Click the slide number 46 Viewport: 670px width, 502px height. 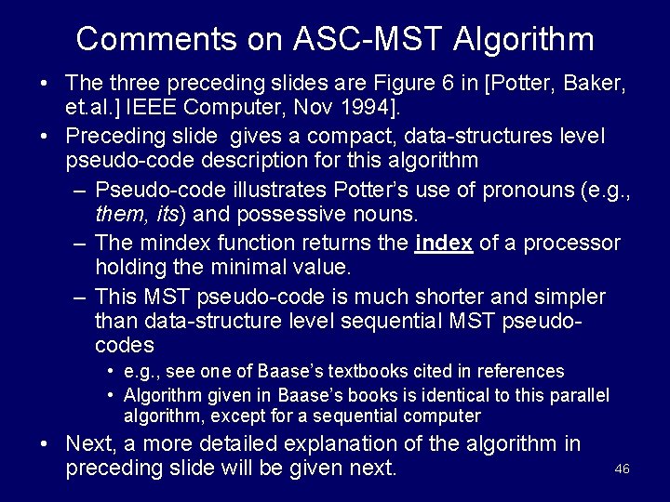pyautogui.click(x=622, y=469)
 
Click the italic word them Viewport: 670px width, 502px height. pyautogui.click(x=121, y=216)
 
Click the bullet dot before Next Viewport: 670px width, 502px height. pyautogui.click(x=45, y=442)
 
